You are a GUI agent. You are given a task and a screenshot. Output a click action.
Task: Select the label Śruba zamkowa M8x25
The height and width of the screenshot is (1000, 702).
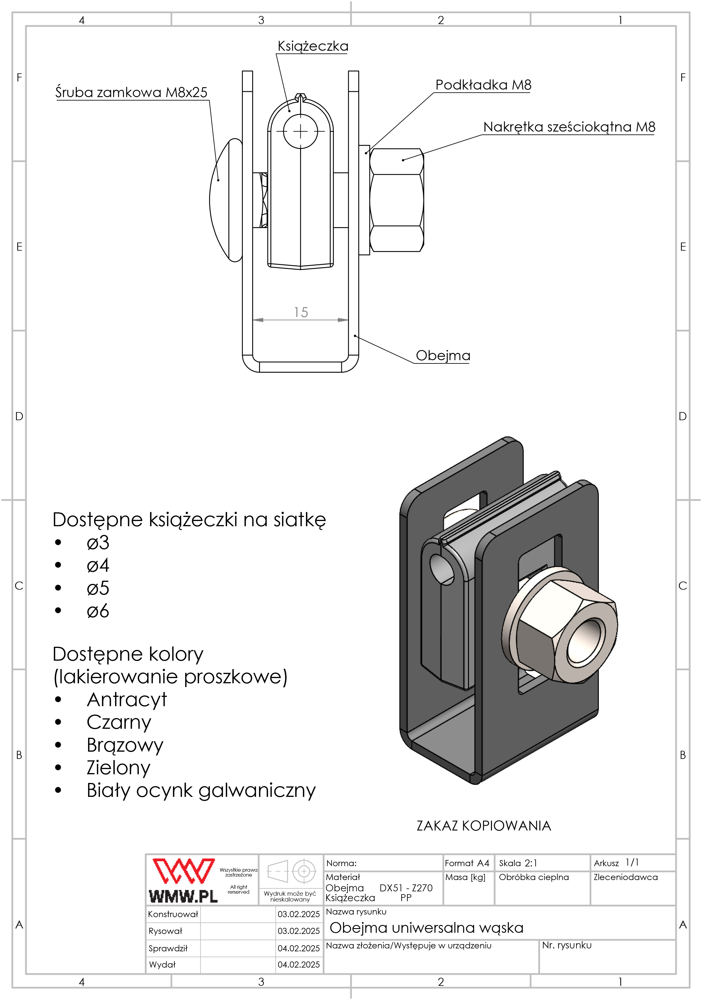tap(131, 92)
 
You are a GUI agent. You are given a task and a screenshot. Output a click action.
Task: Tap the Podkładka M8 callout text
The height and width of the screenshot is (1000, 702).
tap(483, 85)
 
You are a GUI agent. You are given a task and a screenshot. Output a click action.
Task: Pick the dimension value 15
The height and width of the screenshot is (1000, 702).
tap(301, 312)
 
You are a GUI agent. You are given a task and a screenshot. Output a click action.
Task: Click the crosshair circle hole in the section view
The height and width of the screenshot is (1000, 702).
tap(300, 131)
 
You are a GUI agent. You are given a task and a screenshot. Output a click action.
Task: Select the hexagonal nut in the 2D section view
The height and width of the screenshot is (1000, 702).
tap(397, 200)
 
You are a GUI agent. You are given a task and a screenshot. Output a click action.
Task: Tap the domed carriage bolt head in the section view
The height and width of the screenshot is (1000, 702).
tap(227, 200)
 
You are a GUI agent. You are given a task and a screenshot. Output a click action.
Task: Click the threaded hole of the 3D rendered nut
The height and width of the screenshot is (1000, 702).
tap(586, 640)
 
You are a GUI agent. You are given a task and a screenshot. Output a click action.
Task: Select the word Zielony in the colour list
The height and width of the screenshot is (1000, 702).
tap(118, 768)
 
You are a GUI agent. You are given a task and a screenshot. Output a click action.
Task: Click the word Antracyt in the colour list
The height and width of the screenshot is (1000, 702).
tap(127, 700)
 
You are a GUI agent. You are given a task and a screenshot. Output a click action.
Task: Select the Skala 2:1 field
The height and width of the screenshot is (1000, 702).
tap(518, 863)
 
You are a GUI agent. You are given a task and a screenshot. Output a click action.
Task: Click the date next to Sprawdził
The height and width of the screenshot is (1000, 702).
tap(299, 948)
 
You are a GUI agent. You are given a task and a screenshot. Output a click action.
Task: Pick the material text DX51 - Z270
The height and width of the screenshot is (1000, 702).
tap(406, 888)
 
